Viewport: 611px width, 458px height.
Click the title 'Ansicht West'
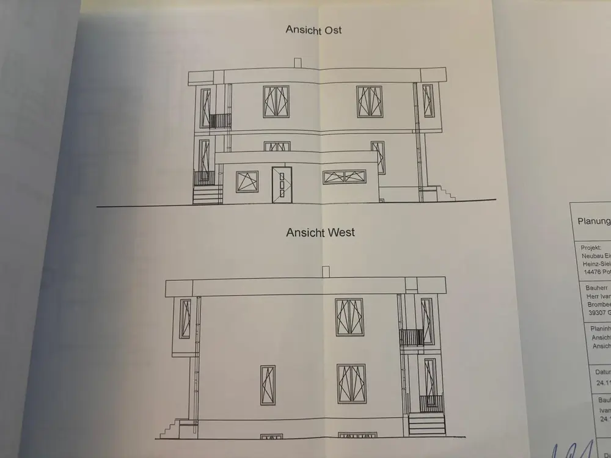(x=320, y=232)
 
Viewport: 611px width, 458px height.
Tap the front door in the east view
(x=282, y=184)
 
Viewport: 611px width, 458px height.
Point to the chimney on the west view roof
(x=326, y=271)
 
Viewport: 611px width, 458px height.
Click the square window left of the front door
(x=247, y=181)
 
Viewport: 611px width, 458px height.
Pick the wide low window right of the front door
(x=345, y=176)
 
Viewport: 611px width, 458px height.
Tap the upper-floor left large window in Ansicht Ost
(x=276, y=101)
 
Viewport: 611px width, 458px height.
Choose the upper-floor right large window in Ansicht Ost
(x=370, y=101)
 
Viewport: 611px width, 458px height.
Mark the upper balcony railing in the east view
(x=221, y=120)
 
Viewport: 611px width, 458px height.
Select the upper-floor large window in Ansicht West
(x=349, y=317)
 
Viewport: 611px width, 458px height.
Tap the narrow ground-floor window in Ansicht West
(x=268, y=385)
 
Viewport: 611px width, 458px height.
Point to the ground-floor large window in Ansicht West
(x=351, y=383)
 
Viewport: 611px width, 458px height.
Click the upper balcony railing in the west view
(x=412, y=337)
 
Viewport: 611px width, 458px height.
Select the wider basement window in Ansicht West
(x=357, y=436)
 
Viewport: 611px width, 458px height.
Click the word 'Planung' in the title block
(x=593, y=222)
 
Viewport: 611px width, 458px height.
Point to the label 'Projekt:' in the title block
(x=591, y=248)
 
